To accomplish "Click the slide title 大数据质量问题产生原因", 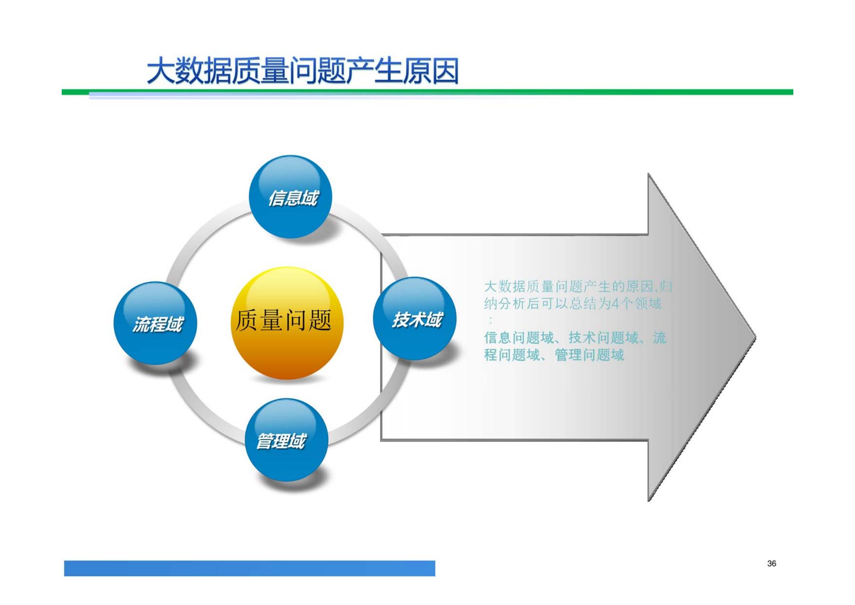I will coord(303,71).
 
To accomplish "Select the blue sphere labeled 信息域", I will coord(290,197).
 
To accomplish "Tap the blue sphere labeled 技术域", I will coord(414,319).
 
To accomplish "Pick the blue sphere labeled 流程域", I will coord(155,323).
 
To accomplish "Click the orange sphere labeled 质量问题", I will coord(287,323).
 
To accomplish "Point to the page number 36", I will coord(771,563).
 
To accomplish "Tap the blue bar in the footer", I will coord(249,568).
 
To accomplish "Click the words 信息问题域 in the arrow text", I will coord(519,338).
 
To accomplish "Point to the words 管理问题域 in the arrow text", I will coord(590,355).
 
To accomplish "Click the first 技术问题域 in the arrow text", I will coord(603,338).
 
